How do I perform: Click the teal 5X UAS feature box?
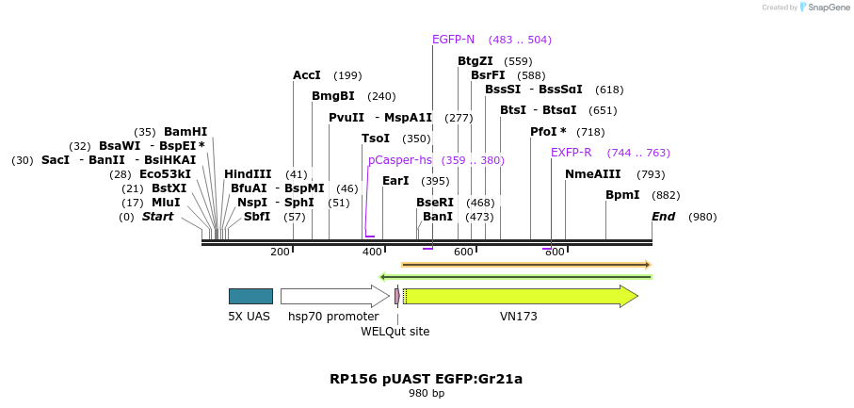[x=250, y=296]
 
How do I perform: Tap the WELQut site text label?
[x=395, y=332]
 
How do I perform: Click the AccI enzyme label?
[x=307, y=75]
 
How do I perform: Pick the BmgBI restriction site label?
[x=333, y=96]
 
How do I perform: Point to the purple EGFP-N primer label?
[x=453, y=40]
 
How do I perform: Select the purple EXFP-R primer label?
[x=572, y=153]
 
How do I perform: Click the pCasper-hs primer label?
[x=400, y=160]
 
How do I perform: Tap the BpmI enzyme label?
[x=622, y=195]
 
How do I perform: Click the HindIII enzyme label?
[x=248, y=174]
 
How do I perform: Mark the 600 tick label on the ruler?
[x=464, y=252]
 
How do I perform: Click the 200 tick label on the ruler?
[x=280, y=252]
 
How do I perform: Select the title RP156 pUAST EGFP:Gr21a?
[x=426, y=379]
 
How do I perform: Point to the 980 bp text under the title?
[x=426, y=394]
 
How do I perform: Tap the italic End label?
[x=664, y=217]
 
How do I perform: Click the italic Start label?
[x=158, y=217]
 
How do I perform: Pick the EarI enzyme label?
[x=395, y=181]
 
